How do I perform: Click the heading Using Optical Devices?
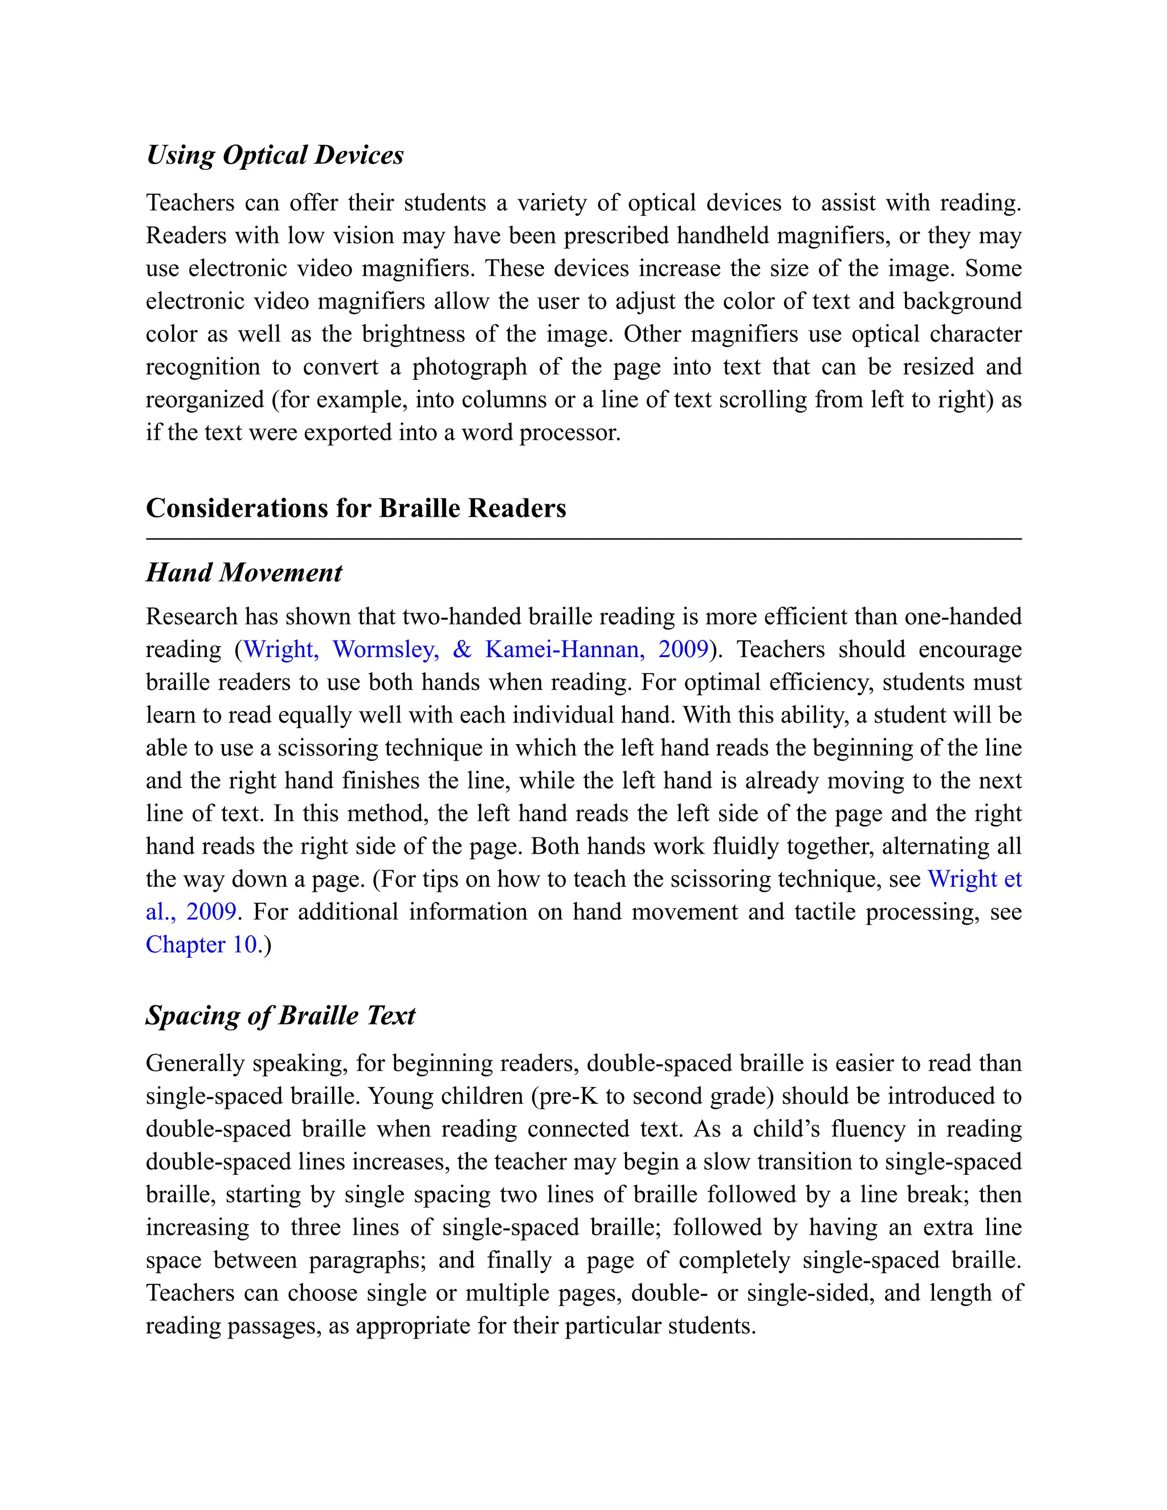click(x=275, y=156)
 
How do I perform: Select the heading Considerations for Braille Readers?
click(x=356, y=508)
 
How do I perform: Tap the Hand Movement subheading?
click(x=243, y=573)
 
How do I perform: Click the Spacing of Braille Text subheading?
click(x=280, y=1015)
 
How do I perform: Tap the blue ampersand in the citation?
click(x=462, y=649)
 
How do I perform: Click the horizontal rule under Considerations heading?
click(x=583, y=538)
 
